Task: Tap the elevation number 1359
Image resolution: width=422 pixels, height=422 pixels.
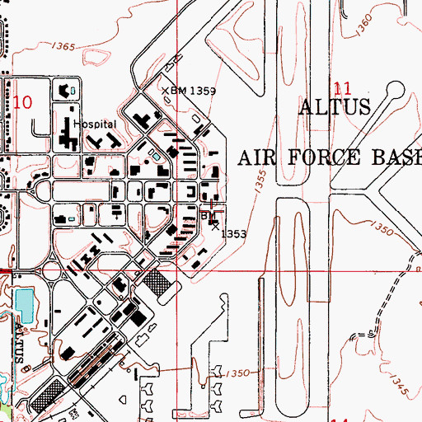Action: (203, 91)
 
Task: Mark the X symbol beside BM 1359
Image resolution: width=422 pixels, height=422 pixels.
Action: (164, 91)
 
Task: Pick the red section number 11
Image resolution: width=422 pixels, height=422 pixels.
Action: (345, 88)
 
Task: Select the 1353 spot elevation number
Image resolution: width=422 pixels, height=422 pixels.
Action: (236, 234)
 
